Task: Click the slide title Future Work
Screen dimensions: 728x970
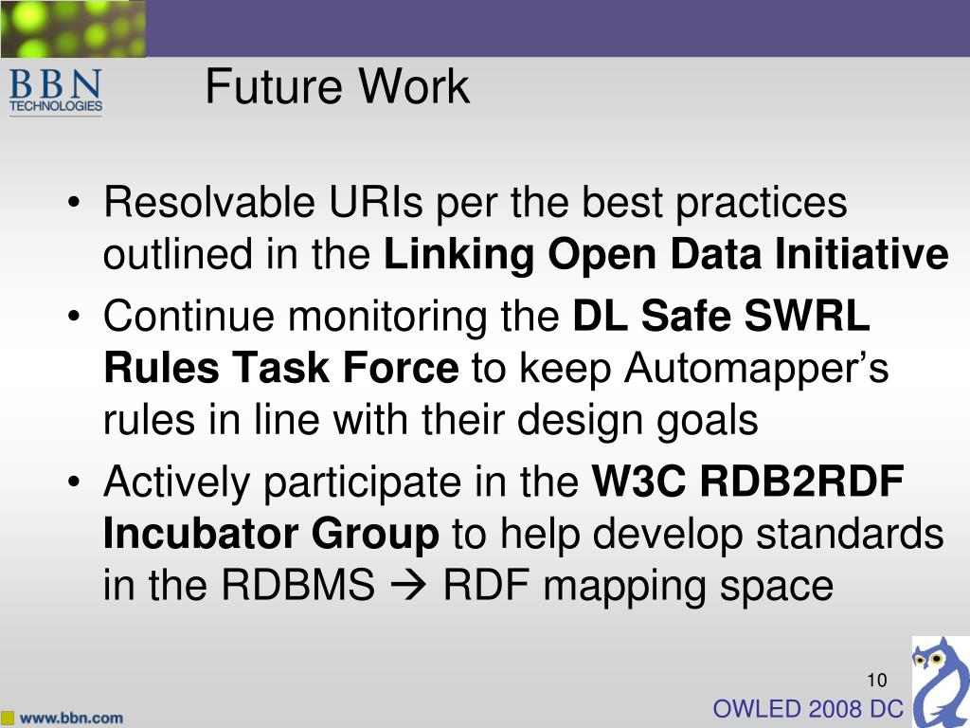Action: (x=336, y=87)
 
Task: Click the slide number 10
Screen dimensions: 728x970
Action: (x=875, y=680)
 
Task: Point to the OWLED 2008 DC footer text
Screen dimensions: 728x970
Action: (x=807, y=708)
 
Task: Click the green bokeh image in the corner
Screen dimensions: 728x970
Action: (x=73, y=28)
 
